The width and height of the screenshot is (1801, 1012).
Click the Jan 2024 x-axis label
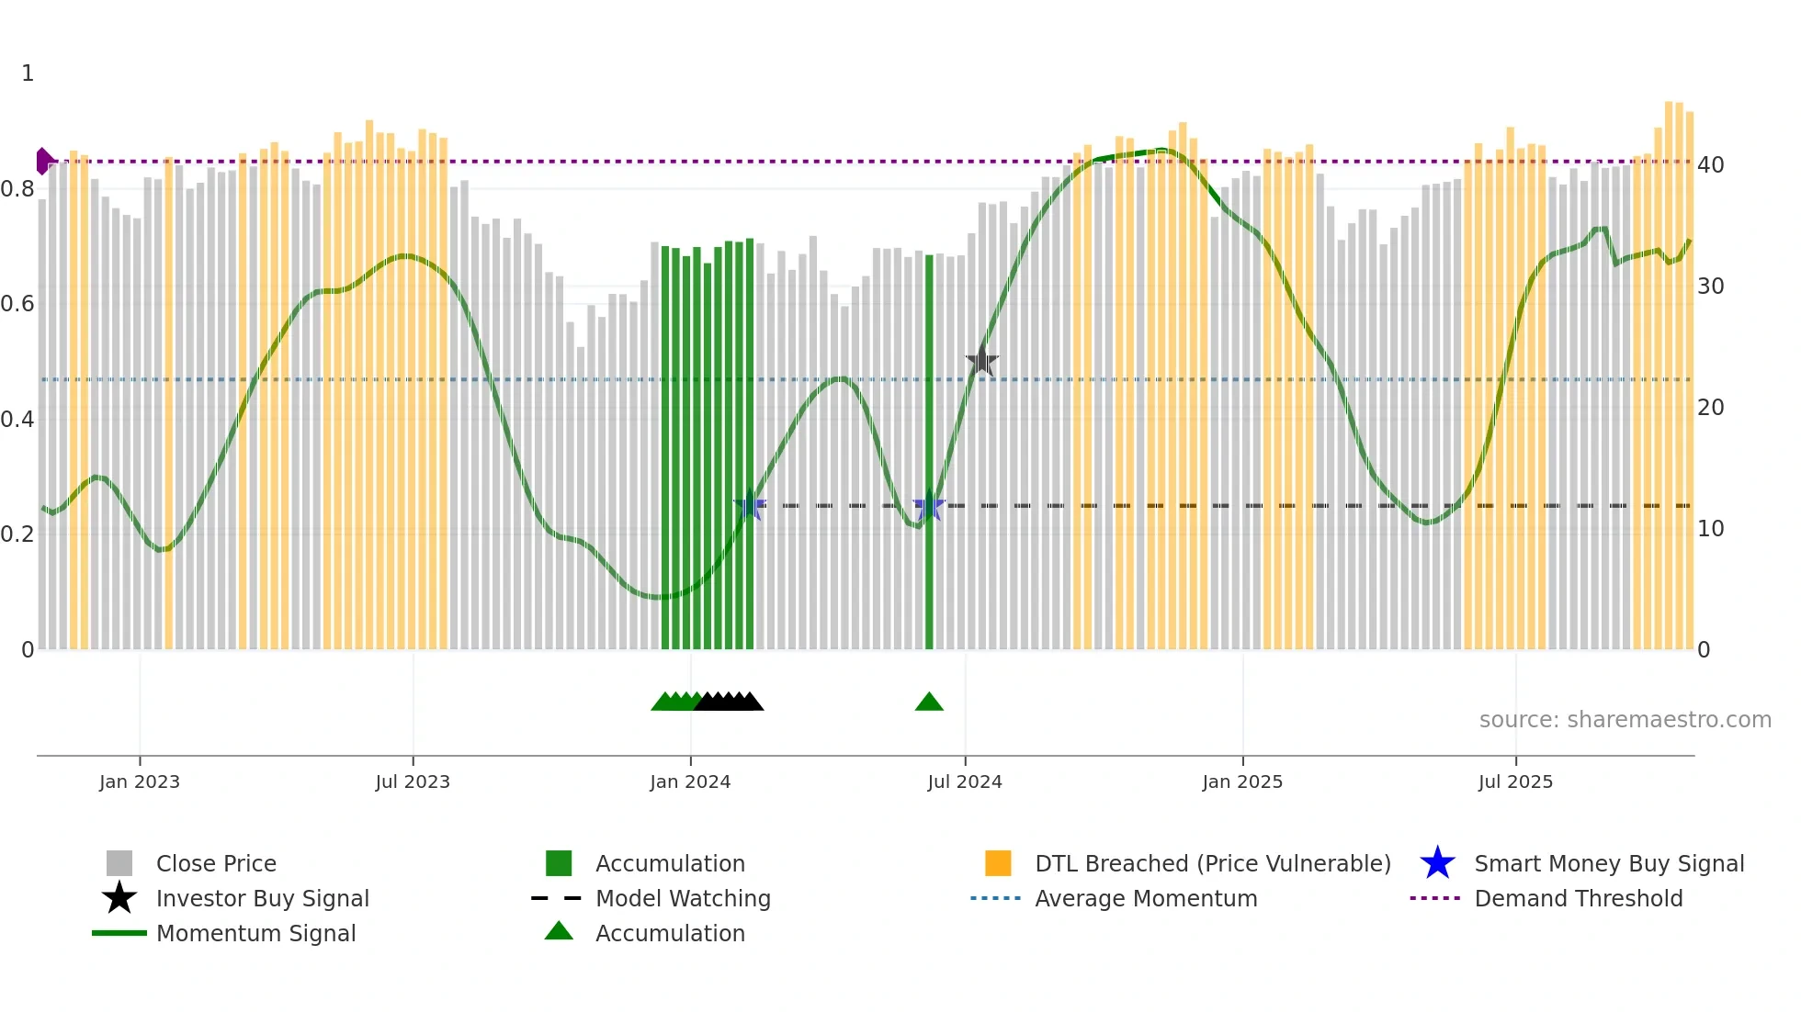point(690,781)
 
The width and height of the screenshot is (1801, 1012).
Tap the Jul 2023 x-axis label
point(413,781)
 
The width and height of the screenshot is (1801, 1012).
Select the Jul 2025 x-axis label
point(1515,781)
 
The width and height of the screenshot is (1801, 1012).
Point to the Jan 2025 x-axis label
point(1242,781)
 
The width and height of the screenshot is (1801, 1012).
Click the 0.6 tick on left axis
point(17,304)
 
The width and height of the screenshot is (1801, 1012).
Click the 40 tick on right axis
point(1710,165)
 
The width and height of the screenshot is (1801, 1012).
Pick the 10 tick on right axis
point(1710,529)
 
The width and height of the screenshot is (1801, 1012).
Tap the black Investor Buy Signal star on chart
point(981,361)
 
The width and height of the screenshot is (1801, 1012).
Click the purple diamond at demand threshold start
point(43,162)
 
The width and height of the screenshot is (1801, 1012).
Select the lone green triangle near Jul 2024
point(929,703)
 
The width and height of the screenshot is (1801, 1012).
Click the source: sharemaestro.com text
point(1625,720)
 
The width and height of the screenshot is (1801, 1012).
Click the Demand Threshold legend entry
point(1578,898)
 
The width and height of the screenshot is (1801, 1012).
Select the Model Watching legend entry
point(682,898)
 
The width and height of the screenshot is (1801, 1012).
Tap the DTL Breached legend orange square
point(998,863)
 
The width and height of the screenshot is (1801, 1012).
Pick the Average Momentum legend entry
point(1145,898)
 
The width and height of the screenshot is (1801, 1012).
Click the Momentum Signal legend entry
point(255,933)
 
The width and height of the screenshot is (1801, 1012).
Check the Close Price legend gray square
point(119,863)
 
